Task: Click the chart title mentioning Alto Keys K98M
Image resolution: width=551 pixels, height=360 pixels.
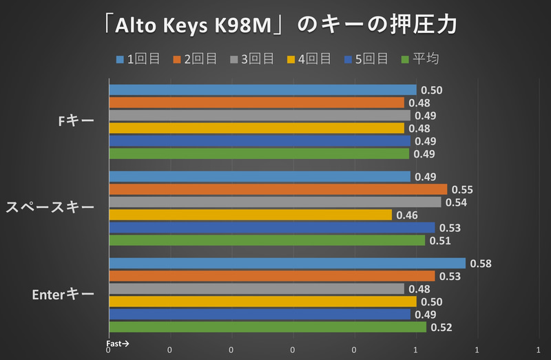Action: [275, 25]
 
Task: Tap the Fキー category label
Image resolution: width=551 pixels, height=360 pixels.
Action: [76, 121]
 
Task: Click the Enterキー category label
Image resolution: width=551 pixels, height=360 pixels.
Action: [63, 295]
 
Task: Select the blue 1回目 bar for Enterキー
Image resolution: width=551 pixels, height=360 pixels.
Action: [287, 264]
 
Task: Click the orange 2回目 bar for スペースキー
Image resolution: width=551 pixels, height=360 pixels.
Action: [278, 189]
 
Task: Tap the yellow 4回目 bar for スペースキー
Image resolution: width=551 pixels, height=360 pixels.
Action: [250, 215]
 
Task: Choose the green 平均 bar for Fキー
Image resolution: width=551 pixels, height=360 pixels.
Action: [259, 153]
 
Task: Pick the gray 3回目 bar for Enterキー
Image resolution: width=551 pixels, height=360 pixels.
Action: [256, 289]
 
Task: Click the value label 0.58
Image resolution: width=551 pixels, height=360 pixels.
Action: [480, 264]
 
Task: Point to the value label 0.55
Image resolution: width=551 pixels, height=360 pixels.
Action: [461, 189]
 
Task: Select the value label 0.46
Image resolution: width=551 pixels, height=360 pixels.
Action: [407, 215]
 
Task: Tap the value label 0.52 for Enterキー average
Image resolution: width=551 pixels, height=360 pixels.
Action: [441, 328]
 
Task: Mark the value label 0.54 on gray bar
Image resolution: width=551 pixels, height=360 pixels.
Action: [455, 202]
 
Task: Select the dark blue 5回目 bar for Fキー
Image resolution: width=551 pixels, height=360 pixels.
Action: [259, 141]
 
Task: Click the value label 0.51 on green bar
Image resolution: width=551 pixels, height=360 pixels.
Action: [439, 241]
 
